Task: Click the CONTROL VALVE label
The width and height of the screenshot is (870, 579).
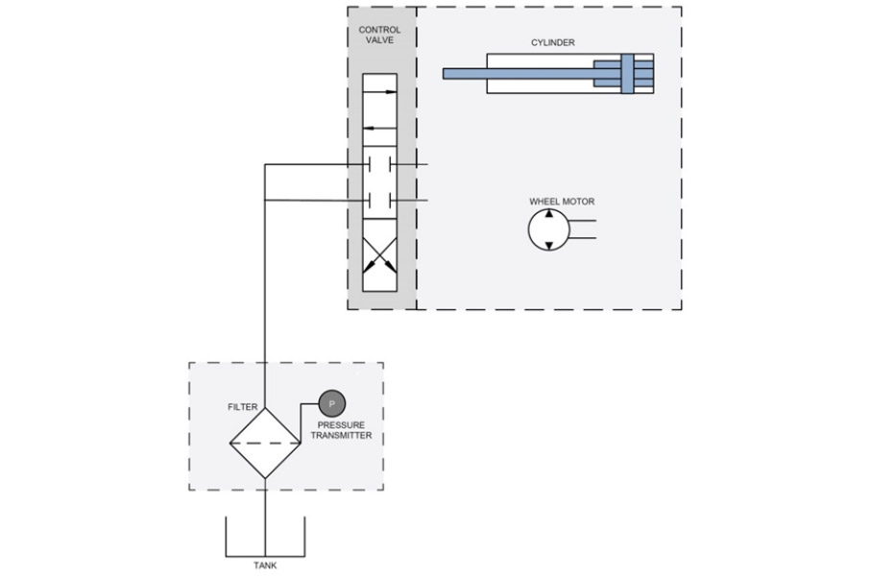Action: (x=379, y=35)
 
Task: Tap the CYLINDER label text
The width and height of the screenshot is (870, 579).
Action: (x=552, y=42)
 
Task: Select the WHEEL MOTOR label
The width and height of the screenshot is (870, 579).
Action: (x=562, y=202)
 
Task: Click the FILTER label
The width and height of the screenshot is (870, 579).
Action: (x=243, y=407)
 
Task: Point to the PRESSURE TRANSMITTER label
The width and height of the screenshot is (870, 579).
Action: (x=341, y=430)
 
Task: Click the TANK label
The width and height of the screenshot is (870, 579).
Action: (x=265, y=566)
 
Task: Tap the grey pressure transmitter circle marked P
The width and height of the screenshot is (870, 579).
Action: (x=332, y=403)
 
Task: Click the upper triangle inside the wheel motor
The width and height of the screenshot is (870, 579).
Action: (x=548, y=214)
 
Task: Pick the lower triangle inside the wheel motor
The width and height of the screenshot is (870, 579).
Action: (x=548, y=246)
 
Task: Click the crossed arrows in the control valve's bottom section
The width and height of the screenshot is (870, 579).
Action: (x=379, y=255)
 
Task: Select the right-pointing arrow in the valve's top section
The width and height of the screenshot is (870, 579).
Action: (x=379, y=91)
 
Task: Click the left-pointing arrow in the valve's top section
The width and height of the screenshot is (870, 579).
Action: (x=379, y=128)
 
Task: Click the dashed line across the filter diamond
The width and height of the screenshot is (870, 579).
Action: (x=265, y=443)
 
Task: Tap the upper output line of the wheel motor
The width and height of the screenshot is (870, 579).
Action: (x=582, y=221)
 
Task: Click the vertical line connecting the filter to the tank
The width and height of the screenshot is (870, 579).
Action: (x=265, y=517)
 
